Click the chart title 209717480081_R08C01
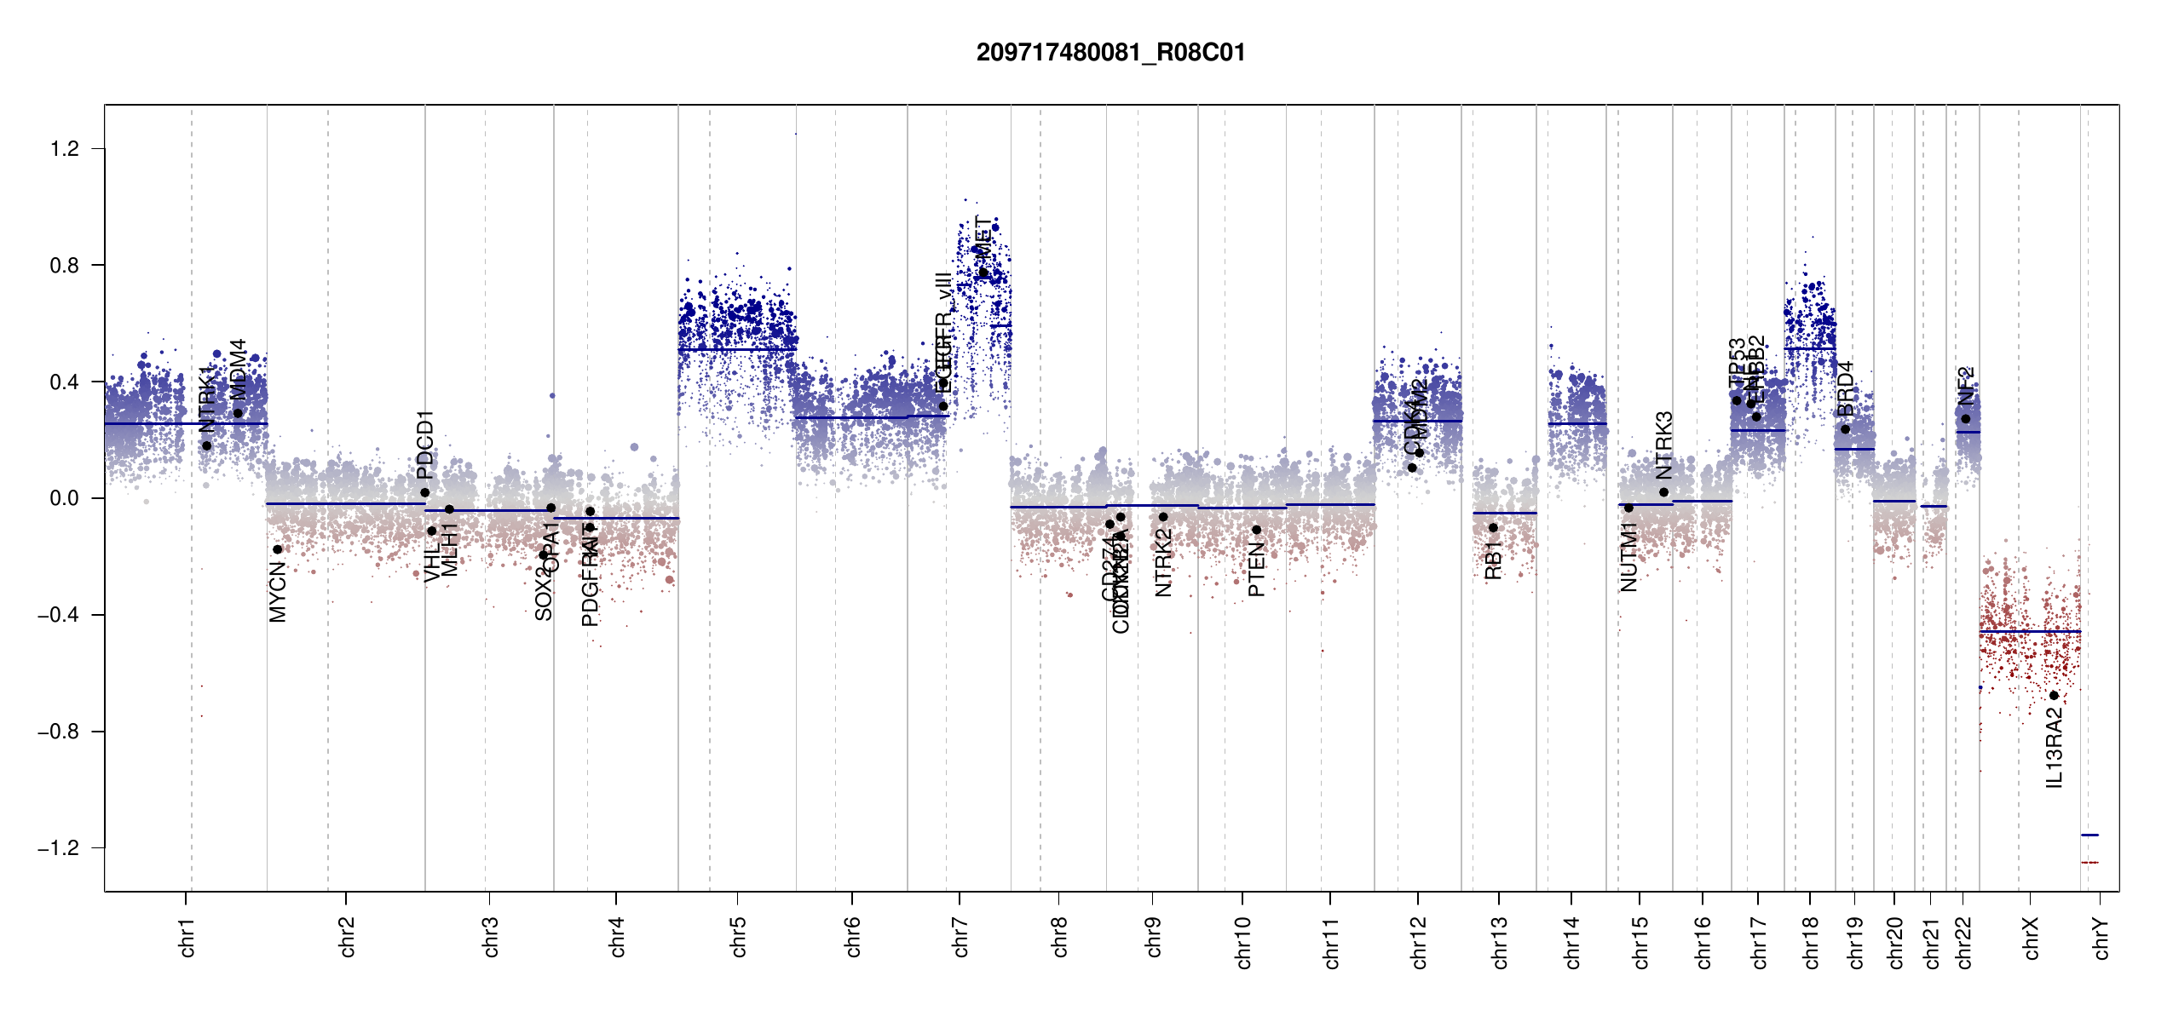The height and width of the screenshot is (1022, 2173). pyautogui.click(x=1110, y=53)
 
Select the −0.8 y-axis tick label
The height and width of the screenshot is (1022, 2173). pyautogui.click(x=58, y=732)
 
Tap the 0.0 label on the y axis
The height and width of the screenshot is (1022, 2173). pyautogui.click(x=65, y=498)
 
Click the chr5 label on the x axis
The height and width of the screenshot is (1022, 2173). pyautogui.click(x=738, y=937)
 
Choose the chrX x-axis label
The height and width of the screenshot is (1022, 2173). pyautogui.click(x=2031, y=938)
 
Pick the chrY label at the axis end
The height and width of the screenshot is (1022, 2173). pyautogui.click(x=2101, y=938)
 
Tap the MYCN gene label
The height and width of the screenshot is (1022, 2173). pyautogui.click(x=278, y=592)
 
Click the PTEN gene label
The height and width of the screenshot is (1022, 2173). pyautogui.click(x=1256, y=570)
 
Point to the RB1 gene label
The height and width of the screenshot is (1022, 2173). pyautogui.click(x=1493, y=560)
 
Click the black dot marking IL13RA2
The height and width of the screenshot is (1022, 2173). pyautogui.click(x=2054, y=696)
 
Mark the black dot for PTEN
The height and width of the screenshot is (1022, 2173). pyautogui.click(x=1256, y=530)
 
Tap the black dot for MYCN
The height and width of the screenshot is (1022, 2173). pyautogui.click(x=278, y=549)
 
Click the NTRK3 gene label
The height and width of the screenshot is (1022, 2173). pyautogui.click(x=1664, y=445)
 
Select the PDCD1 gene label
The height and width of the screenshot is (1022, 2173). pyautogui.click(x=425, y=445)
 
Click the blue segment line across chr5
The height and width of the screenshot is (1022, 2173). pyautogui.click(x=737, y=350)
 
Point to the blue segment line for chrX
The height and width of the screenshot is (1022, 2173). pyautogui.click(x=2030, y=632)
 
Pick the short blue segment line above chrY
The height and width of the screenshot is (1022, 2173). pyautogui.click(x=2089, y=835)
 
